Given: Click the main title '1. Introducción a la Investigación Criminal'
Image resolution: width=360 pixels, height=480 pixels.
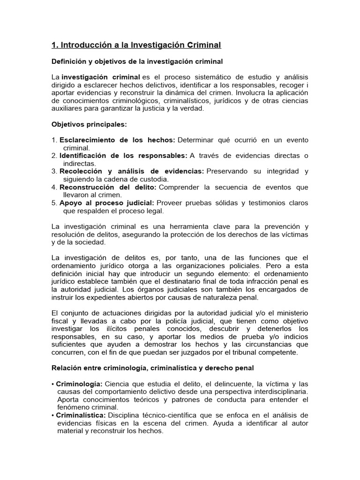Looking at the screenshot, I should point(136,45).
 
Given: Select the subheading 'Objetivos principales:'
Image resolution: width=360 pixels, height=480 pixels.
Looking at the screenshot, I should point(89,124).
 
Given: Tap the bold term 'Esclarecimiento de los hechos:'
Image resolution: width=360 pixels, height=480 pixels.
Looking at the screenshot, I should point(117,140).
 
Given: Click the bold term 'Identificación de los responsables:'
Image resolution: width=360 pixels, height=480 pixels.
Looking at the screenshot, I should point(123,156).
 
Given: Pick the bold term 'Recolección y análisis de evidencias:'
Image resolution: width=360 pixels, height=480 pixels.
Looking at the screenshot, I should point(132,172).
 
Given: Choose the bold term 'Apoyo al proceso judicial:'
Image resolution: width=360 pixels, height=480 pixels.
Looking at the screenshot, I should point(107,203).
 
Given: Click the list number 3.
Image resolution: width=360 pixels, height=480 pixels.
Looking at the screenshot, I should point(54,172).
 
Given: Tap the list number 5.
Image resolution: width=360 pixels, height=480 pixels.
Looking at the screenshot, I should point(54,203).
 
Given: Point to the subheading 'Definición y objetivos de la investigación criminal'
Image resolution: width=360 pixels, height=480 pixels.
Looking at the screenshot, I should point(137,61).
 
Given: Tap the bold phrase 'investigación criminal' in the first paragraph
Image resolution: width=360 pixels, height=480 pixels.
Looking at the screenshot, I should point(101,77).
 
